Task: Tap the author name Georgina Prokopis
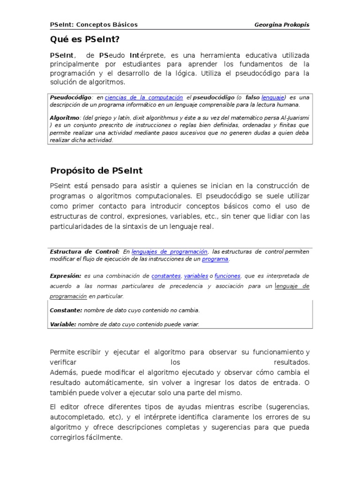[x=282, y=24]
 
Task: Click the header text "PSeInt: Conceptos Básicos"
[x=94, y=24]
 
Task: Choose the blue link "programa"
[x=215, y=259]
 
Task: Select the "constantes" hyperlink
[x=166, y=276]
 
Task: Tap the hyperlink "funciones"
[x=227, y=276]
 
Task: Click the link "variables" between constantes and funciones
[x=195, y=276]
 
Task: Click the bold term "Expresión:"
[x=66, y=276]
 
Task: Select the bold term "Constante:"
[x=66, y=310]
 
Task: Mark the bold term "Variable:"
[x=63, y=324]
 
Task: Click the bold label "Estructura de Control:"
[x=85, y=252]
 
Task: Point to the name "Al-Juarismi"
[x=294, y=118]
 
